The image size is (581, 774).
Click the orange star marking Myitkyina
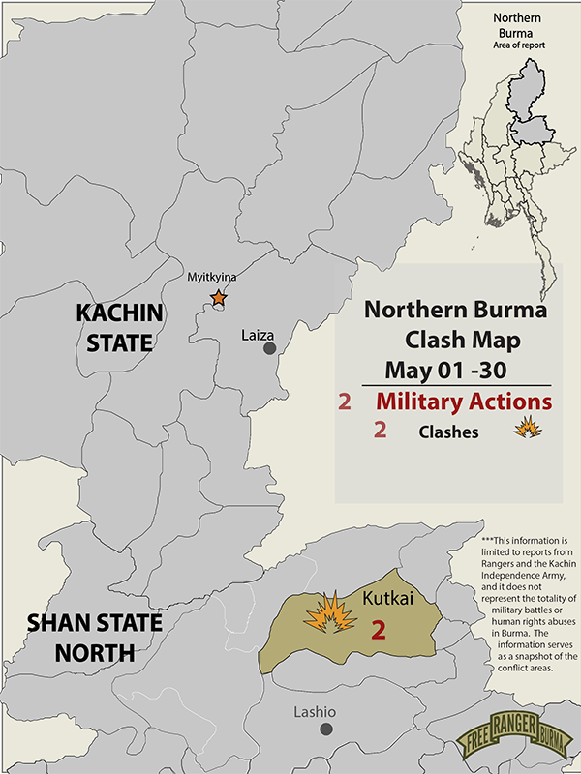219,298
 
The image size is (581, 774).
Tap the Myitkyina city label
211,278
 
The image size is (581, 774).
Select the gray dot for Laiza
270,348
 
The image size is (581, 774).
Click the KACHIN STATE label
120,327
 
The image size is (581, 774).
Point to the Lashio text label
314,713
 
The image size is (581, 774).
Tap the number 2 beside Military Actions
344,402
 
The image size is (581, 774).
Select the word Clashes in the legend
448,432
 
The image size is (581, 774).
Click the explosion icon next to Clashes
527,428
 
